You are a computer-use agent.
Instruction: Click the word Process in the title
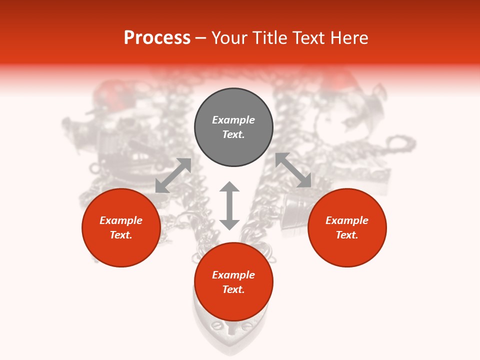click(157, 38)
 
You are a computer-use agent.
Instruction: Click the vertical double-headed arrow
click(229, 205)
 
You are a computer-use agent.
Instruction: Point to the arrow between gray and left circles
click(173, 175)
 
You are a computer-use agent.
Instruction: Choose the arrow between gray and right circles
click(293, 170)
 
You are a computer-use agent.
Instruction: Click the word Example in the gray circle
click(233, 120)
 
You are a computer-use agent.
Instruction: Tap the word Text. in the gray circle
click(233, 134)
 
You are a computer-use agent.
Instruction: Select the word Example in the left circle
click(121, 220)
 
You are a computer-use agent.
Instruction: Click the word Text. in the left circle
click(121, 235)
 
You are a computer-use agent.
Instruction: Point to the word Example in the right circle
click(347, 220)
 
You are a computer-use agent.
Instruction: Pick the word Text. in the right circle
click(347, 235)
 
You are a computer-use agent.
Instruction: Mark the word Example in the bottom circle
click(233, 275)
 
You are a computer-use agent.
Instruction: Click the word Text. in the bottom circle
click(233, 289)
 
